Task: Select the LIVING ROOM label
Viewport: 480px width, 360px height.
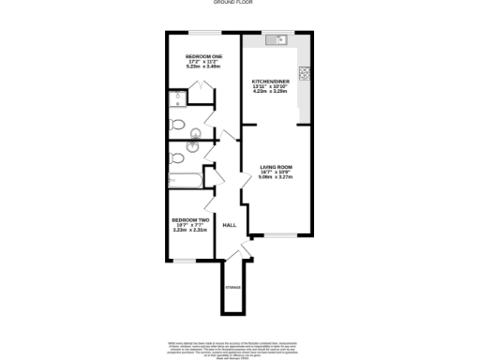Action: [x=277, y=168]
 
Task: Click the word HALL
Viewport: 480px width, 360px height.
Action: [x=229, y=225]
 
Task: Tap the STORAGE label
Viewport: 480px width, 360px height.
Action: [x=232, y=287]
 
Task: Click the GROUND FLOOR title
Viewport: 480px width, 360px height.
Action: [x=240, y=4]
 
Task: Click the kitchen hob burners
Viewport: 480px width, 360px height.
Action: [x=305, y=74]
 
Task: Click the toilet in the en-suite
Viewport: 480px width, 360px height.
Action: [x=177, y=126]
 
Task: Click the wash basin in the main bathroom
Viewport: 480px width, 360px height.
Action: [x=195, y=146]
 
